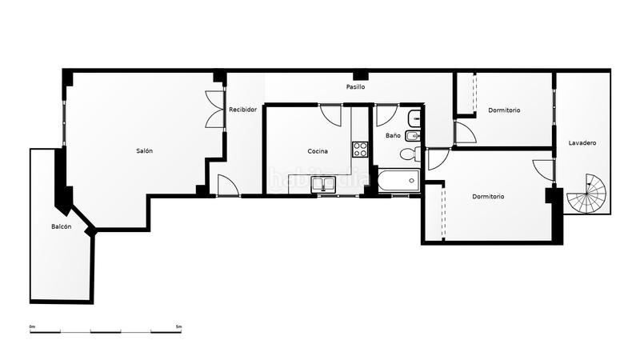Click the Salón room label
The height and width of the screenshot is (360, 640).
click(144, 151)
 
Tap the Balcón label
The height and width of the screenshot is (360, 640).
click(62, 227)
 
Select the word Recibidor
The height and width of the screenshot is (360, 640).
click(242, 110)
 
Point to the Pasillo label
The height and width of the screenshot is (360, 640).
click(356, 86)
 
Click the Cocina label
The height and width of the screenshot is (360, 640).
click(318, 151)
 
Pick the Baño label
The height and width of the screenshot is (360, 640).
click(393, 136)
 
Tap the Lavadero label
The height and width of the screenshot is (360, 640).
click(582, 143)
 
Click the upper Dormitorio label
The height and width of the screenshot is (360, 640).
click(504, 110)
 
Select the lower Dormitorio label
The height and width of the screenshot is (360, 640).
click(488, 196)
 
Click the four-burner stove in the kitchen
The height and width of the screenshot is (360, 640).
click(360, 149)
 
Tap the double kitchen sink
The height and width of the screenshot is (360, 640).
click(324, 186)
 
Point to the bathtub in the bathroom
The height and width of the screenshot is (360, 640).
click(398, 181)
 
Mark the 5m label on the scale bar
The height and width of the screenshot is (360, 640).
click(178, 326)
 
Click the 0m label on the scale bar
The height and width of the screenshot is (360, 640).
click(33, 326)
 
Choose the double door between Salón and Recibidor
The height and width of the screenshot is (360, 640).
click(216, 110)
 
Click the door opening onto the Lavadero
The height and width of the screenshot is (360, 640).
click(544, 170)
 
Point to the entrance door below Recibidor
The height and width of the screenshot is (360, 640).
click(226, 186)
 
